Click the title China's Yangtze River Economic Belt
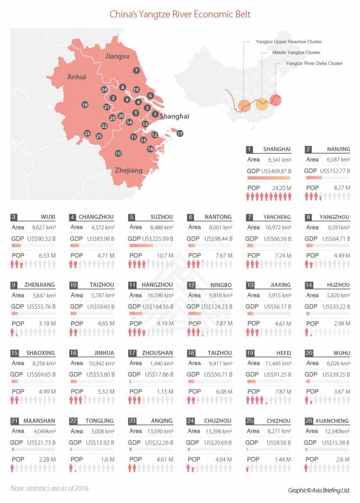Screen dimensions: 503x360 180,14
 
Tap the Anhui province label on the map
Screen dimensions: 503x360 77,77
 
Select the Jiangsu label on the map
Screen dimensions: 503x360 118,56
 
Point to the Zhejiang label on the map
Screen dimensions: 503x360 129,170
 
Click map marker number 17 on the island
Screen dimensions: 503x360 180,133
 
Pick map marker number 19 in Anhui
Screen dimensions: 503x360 85,105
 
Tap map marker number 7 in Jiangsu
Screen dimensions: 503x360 135,71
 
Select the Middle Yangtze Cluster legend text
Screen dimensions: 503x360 296,53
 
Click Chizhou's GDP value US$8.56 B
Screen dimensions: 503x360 278,443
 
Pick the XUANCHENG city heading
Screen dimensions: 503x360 333,421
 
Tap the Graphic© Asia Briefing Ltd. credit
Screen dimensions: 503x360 318,490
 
